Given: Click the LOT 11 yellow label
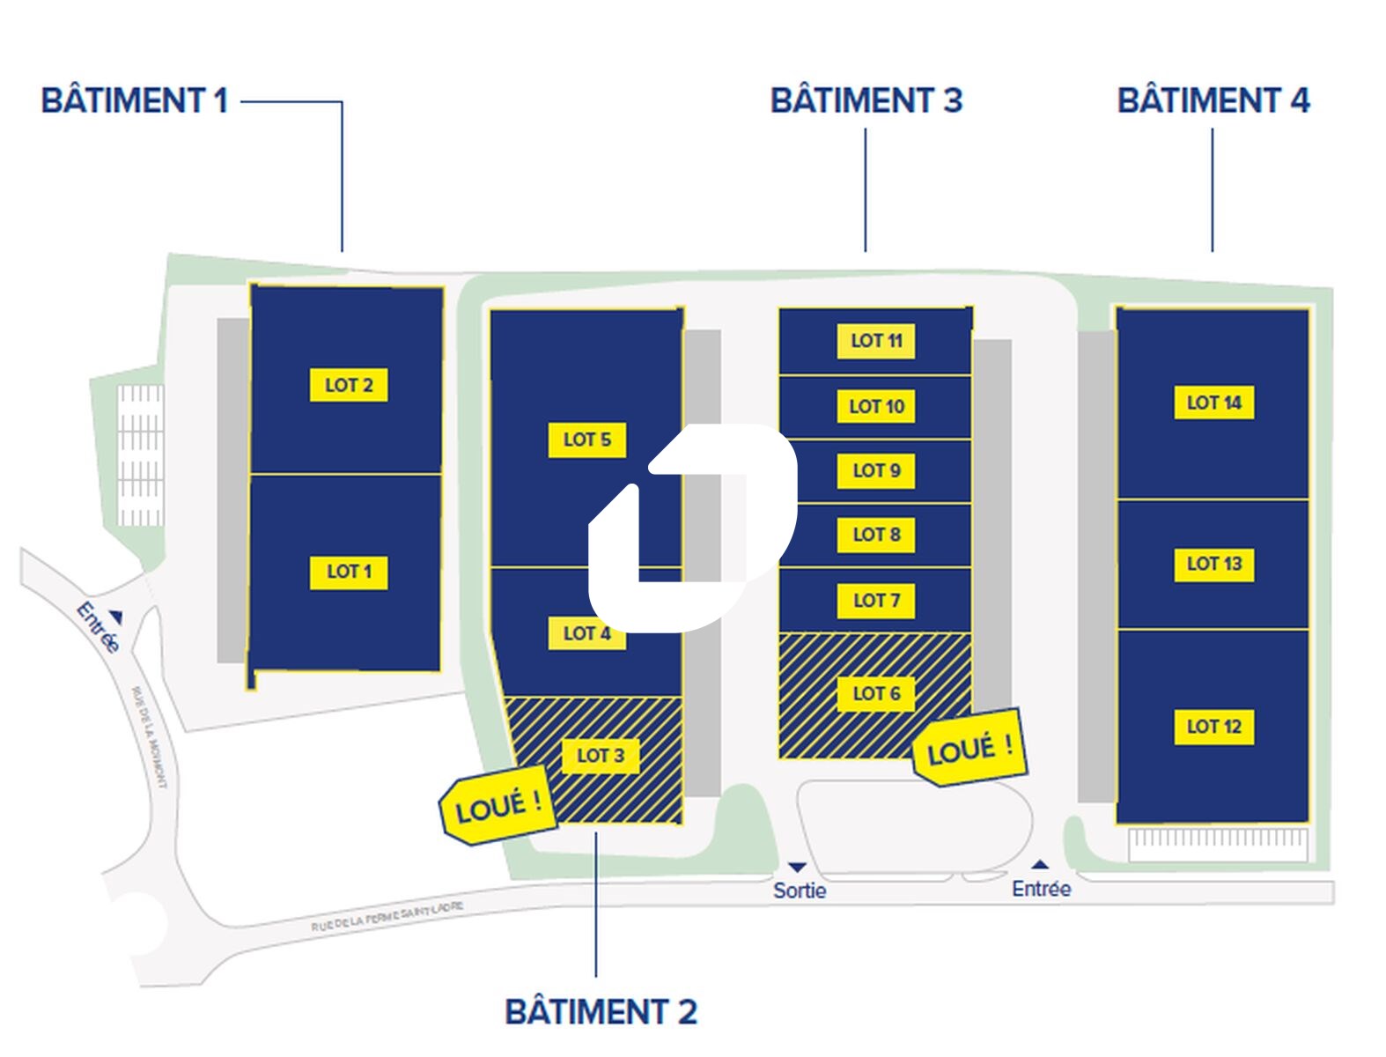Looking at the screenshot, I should [x=876, y=341].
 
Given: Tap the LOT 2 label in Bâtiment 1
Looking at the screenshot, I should [x=349, y=385].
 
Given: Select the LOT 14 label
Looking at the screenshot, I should [x=1213, y=403].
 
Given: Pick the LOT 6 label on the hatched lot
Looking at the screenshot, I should [x=876, y=693].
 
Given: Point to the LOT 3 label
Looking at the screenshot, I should [x=600, y=756].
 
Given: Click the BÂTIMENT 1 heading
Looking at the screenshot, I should [x=135, y=100].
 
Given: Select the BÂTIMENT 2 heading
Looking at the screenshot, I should [x=601, y=1011].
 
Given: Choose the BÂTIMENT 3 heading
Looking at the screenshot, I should [x=866, y=100].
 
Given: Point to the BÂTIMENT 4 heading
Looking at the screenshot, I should [x=1213, y=100].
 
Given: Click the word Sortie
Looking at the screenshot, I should [x=800, y=891].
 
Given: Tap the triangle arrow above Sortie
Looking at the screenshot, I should [x=797, y=869].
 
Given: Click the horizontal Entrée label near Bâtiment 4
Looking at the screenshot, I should [x=1041, y=889].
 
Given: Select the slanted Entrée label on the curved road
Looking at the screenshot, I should [x=97, y=626].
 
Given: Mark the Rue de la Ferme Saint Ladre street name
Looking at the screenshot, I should [x=387, y=917].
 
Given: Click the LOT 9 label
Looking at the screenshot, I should [x=876, y=470].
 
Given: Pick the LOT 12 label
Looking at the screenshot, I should [x=1213, y=727].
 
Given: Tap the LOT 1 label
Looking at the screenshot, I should [x=349, y=572].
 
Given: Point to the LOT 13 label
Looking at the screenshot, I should [x=1213, y=564].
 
